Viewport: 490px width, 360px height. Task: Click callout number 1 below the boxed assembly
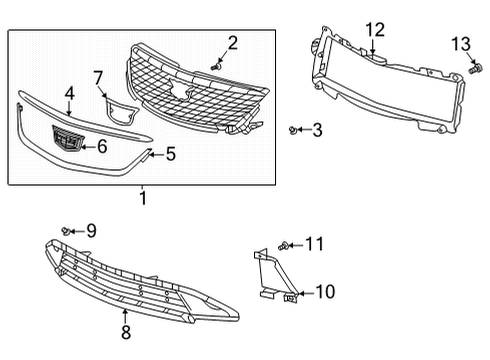click(142, 198)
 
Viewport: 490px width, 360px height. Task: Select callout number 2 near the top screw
click(232, 42)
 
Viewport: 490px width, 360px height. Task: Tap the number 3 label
click(317, 129)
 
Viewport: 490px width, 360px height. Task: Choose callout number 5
click(170, 154)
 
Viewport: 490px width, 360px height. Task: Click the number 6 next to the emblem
click(101, 146)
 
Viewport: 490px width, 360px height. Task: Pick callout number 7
click(98, 77)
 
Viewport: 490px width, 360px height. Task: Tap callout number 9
click(91, 231)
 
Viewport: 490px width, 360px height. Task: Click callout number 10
click(325, 292)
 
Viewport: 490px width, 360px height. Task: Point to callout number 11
click(314, 244)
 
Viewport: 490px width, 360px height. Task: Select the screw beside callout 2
click(216, 64)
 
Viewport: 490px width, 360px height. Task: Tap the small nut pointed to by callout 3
click(292, 129)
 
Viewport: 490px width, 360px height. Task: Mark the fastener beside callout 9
click(66, 231)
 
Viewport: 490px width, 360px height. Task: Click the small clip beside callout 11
click(286, 245)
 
